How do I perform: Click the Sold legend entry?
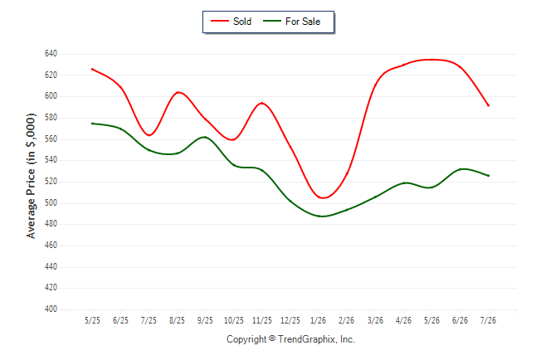tap(231, 22)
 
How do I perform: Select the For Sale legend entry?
tap(291, 22)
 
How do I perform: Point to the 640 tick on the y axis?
tap(51, 54)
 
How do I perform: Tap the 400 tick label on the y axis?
tap(51, 309)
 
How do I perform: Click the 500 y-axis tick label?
tap(51, 202)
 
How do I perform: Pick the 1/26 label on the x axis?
tap(319, 320)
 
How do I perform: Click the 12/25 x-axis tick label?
tap(290, 320)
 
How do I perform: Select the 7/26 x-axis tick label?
tap(488, 320)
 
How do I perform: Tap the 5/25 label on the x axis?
tap(92, 320)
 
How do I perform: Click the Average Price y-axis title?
tap(31, 176)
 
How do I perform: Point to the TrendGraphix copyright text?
tap(290, 339)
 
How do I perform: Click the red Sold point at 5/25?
tap(92, 69)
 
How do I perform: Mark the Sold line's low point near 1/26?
tap(323, 198)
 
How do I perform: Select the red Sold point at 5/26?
tap(431, 60)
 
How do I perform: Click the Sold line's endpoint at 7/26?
tap(489, 105)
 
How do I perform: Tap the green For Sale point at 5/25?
tap(92, 124)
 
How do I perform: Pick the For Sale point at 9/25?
tap(205, 137)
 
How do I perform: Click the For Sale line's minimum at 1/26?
tap(319, 216)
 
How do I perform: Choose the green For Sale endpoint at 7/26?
tap(489, 176)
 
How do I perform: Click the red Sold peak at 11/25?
tap(262, 103)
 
